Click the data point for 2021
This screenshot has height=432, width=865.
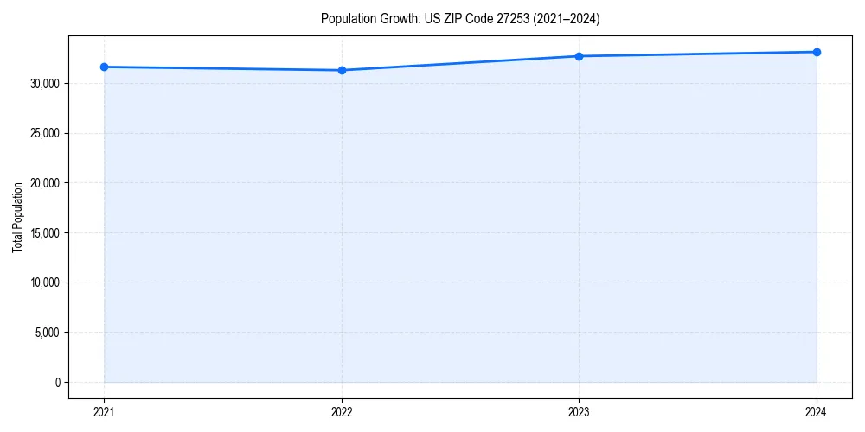[x=104, y=67]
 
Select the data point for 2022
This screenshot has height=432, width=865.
[x=342, y=70]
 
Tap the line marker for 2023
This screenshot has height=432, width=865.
[x=579, y=56]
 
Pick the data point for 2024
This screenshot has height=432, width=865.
[x=817, y=52]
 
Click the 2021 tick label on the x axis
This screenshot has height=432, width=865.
[x=104, y=411]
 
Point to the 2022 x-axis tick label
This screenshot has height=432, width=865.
[x=342, y=411]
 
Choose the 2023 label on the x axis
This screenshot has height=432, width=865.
[x=579, y=411]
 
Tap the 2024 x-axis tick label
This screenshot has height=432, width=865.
[x=817, y=411]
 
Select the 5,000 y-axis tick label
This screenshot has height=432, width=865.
[x=48, y=333]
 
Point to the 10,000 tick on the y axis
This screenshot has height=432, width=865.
[x=47, y=283]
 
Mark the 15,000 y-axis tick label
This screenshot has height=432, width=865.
[x=47, y=233]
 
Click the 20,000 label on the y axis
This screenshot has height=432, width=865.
[x=47, y=183]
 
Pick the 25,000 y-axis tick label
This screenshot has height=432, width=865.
[x=47, y=133]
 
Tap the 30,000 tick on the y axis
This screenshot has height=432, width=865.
[x=47, y=84]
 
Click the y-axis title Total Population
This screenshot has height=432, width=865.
[x=18, y=217]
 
